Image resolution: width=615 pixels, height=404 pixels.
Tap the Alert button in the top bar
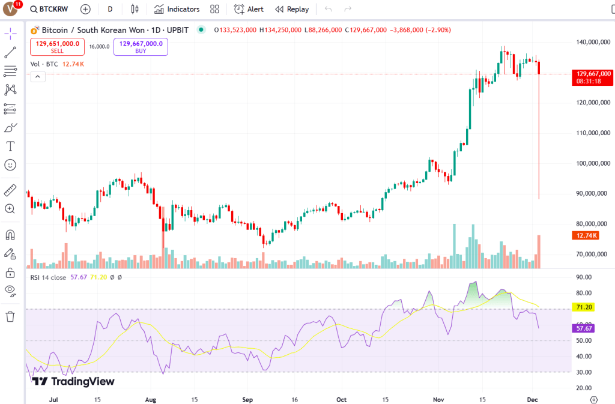click(x=249, y=9)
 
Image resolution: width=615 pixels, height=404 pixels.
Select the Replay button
click(x=292, y=9)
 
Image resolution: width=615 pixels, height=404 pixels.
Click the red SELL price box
click(x=57, y=47)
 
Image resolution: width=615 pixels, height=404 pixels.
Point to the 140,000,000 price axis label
click(x=589, y=42)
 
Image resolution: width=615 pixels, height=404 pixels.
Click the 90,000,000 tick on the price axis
click(x=589, y=193)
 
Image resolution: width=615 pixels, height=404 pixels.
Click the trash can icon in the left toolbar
click(x=10, y=316)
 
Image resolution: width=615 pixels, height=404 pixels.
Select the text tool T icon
click(x=10, y=146)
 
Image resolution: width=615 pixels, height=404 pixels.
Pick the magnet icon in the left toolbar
click(x=10, y=234)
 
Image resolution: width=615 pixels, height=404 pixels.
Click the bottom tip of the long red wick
click(x=539, y=199)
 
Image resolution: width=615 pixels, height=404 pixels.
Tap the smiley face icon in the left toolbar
click(x=10, y=164)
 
